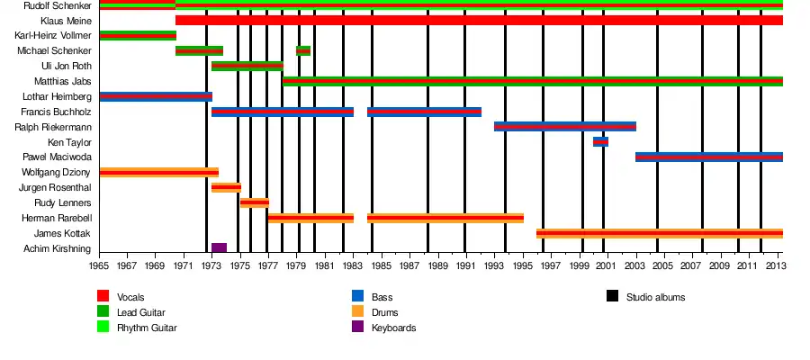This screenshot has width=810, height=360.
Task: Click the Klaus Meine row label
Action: click(x=65, y=21)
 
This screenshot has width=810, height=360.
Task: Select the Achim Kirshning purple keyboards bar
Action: click(x=219, y=247)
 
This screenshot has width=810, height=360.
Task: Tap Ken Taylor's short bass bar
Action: click(x=600, y=141)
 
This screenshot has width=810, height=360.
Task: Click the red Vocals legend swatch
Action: click(x=103, y=296)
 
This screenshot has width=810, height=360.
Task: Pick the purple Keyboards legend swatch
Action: click(x=358, y=327)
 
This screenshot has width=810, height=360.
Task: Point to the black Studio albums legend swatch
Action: click(x=613, y=296)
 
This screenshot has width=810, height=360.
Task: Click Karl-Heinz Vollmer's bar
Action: click(x=138, y=35)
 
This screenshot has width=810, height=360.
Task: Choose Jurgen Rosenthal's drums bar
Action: click(x=226, y=187)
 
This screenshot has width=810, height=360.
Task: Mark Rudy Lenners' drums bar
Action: click(x=255, y=202)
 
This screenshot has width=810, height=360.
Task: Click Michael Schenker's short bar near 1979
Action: click(x=303, y=50)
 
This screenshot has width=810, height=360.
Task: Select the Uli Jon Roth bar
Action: click(x=247, y=66)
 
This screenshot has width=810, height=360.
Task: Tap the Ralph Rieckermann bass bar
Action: click(x=565, y=126)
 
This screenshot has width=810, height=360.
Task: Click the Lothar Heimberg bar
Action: click(x=156, y=96)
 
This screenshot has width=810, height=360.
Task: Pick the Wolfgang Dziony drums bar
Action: click(x=159, y=172)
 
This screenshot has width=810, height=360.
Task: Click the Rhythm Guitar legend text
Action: click(x=147, y=328)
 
